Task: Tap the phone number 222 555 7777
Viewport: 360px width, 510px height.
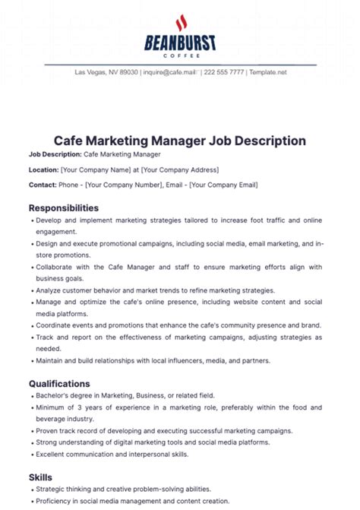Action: (x=225, y=72)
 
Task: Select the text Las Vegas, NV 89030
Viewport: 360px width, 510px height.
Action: (x=106, y=72)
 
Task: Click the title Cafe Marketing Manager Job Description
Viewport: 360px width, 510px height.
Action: (x=180, y=141)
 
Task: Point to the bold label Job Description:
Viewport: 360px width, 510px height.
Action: (x=55, y=154)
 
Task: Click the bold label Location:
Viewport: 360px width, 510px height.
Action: (x=43, y=169)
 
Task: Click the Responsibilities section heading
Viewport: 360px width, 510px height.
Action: (x=64, y=207)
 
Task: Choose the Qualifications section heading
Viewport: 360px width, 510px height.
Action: (x=59, y=384)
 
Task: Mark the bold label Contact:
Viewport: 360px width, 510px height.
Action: (x=43, y=185)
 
